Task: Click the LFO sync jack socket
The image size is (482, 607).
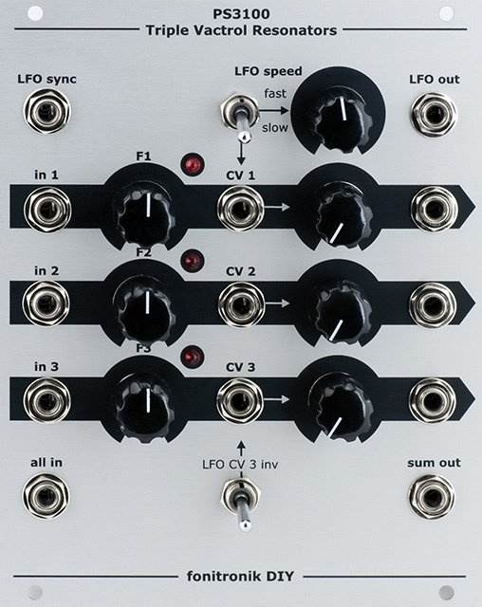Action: point(46,112)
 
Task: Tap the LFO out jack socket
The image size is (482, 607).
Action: point(434,115)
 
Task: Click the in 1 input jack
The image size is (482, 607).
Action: point(47,210)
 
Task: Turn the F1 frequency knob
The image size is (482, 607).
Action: point(146,211)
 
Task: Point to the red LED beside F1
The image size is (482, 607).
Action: point(194,164)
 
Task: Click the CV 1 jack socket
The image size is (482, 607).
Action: point(240,209)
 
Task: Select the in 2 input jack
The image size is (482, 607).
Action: point(46,303)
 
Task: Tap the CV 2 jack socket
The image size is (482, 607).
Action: point(242,304)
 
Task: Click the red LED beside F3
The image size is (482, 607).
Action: point(193,357)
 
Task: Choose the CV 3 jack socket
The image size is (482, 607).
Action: point(240,401)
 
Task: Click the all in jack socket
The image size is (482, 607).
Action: point(46,495)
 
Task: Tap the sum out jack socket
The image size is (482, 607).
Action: point(432,497)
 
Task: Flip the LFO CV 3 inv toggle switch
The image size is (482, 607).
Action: point(241,504)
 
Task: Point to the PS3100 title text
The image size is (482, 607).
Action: point(241,14)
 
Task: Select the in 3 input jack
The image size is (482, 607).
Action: point(47,400)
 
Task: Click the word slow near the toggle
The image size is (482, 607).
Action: point(275,127)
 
